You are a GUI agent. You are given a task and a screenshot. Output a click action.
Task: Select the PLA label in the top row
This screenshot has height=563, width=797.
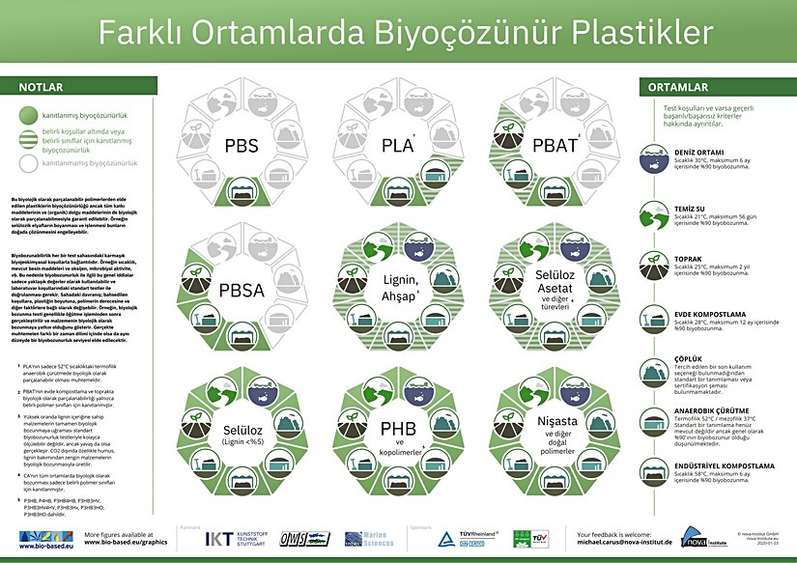point(397,147)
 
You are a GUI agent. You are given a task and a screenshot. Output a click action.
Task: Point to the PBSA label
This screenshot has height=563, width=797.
point(241,289)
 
